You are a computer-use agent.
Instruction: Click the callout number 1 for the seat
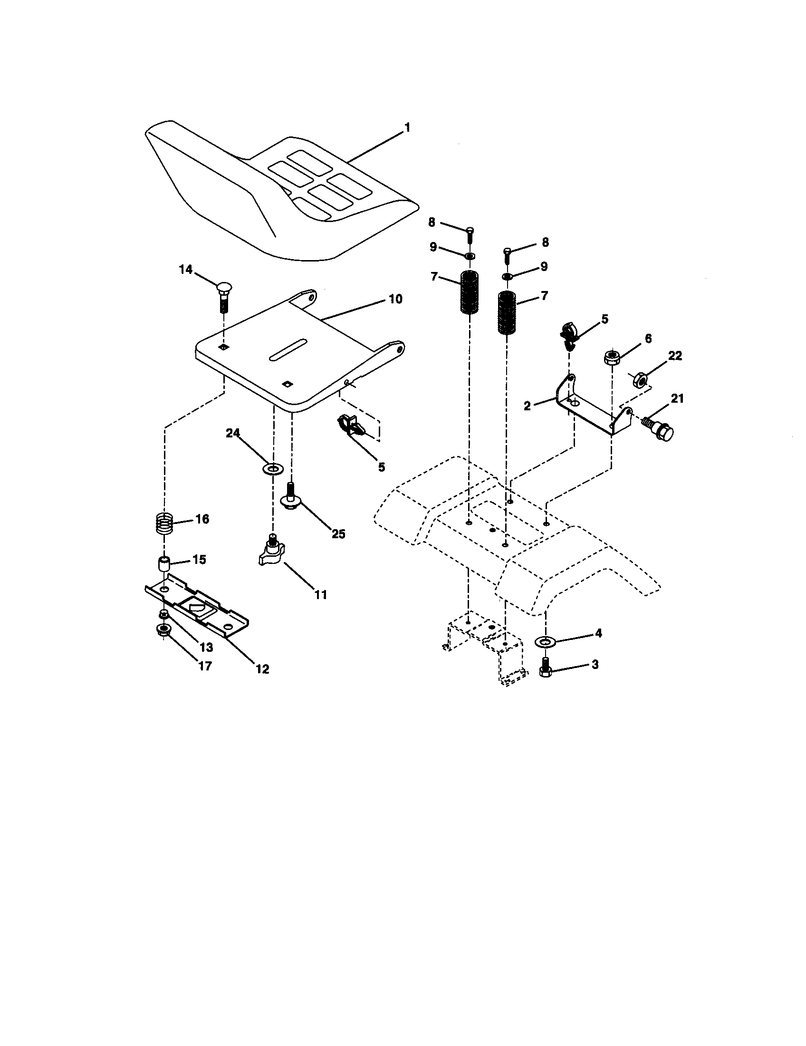tap(407, 128)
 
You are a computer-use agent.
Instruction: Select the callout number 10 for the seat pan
tap(395, 300)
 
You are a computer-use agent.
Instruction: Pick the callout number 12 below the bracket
tap(262, 668)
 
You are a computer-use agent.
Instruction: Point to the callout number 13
tap(206, 648)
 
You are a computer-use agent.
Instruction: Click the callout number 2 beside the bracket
tap(527, 406)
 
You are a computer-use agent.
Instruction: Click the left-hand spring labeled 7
tap(470, 292)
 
